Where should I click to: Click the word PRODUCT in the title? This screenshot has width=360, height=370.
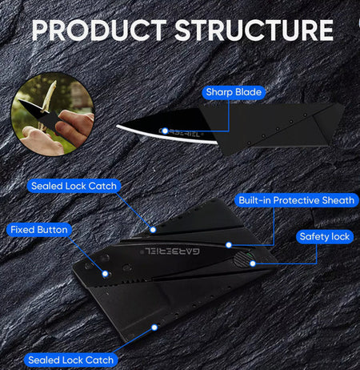coord(99,30)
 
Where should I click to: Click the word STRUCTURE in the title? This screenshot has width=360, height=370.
coord(254,30)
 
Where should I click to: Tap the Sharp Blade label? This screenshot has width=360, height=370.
coord(234,92)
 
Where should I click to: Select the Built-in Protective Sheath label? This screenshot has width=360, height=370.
coord(297,200)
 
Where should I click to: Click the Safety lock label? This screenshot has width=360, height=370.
coord(325,236)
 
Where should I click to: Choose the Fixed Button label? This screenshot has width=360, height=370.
coord(39,230)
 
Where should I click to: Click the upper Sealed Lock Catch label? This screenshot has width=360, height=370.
coord(74,186)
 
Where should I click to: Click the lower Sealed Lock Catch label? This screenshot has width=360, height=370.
coord(71,360)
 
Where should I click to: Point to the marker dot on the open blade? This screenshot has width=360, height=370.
coord(165,131)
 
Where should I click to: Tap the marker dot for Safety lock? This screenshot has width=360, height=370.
coord(253,263)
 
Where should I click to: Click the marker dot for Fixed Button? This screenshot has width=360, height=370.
coord(105,274)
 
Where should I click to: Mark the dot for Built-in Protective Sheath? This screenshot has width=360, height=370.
coord(229,245)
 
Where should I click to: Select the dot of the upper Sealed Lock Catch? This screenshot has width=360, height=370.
coord(153,230)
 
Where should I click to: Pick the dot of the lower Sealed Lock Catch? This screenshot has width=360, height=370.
coord(154,328)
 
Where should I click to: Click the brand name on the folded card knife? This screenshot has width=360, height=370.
coord(172,251)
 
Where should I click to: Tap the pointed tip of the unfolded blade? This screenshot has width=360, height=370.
coord(117,126)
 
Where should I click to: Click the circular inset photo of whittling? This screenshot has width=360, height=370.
coord(53,115)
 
